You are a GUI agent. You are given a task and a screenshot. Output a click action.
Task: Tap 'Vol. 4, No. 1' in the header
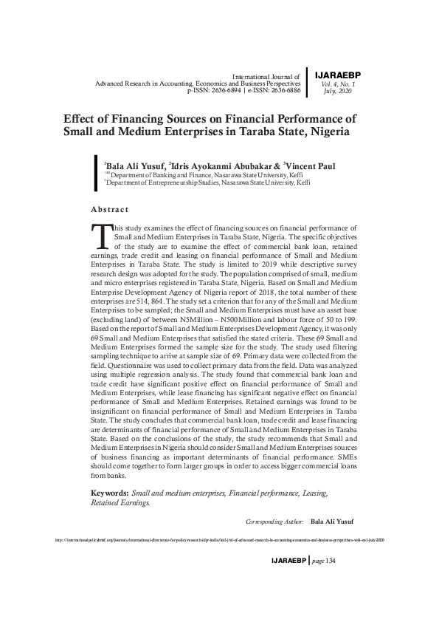click(x=339, y=84)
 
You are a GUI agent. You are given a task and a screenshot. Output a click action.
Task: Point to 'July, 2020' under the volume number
click(x=339, y=91)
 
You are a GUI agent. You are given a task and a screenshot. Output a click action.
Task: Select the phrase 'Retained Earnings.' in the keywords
click(x=120, y=502)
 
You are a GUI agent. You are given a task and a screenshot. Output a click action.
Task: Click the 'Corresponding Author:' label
click(x=274, y=521)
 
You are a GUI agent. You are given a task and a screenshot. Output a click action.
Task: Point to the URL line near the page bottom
click(x=219, y=540)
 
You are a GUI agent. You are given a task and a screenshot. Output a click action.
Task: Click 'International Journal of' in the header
click(x=266, y=76)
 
